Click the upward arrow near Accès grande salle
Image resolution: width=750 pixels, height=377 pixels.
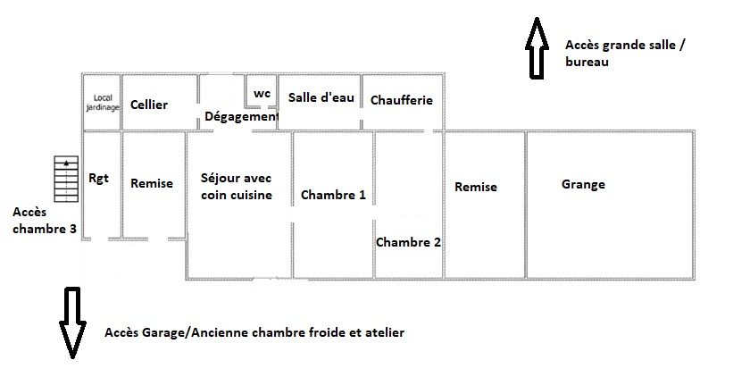point(537,48)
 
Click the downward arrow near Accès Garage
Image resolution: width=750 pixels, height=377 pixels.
point(72,323)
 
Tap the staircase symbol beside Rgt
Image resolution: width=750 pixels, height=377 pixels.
point(66,179)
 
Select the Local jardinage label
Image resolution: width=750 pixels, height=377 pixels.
point(103,103)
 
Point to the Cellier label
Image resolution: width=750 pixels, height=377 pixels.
point(149,105)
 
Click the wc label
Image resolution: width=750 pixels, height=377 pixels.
point(262,93)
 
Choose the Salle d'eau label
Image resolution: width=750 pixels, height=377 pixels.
point(321,97)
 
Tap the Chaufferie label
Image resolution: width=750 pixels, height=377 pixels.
point(402,100)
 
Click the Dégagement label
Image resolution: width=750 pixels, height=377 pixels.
point(241,116)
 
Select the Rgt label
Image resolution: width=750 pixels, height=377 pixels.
point(98,179)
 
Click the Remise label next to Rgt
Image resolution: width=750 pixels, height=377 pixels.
point(152,183)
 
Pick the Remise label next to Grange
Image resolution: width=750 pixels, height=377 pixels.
point(476,187)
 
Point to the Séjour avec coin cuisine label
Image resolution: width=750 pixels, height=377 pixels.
point(237,187)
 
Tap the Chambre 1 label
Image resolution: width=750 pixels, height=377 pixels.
point(333,195)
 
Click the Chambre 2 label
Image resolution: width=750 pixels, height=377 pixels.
point(409,242)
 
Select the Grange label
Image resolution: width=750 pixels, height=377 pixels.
point(583,185)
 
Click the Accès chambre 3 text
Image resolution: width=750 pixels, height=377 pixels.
point(45,220)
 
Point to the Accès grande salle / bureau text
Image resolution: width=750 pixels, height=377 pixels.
point(626,53)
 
